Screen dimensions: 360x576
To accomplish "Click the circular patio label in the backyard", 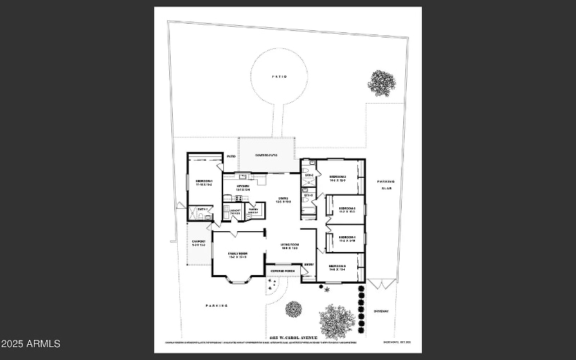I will point(279,76).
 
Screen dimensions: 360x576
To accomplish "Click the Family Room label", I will point(238,255).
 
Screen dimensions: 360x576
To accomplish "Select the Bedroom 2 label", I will point(338,179).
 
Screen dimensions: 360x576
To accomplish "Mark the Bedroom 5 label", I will point(338,268).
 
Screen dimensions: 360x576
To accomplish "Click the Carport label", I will point(199,243).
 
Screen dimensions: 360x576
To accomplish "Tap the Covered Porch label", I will point(284,271).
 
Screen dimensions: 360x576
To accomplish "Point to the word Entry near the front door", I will point(309,265).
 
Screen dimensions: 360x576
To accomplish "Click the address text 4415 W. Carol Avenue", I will point(293,337).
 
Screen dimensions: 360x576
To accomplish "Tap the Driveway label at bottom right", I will point(381,311).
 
